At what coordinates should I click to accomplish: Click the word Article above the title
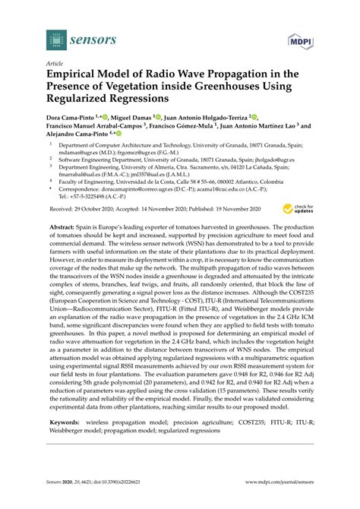55,65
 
